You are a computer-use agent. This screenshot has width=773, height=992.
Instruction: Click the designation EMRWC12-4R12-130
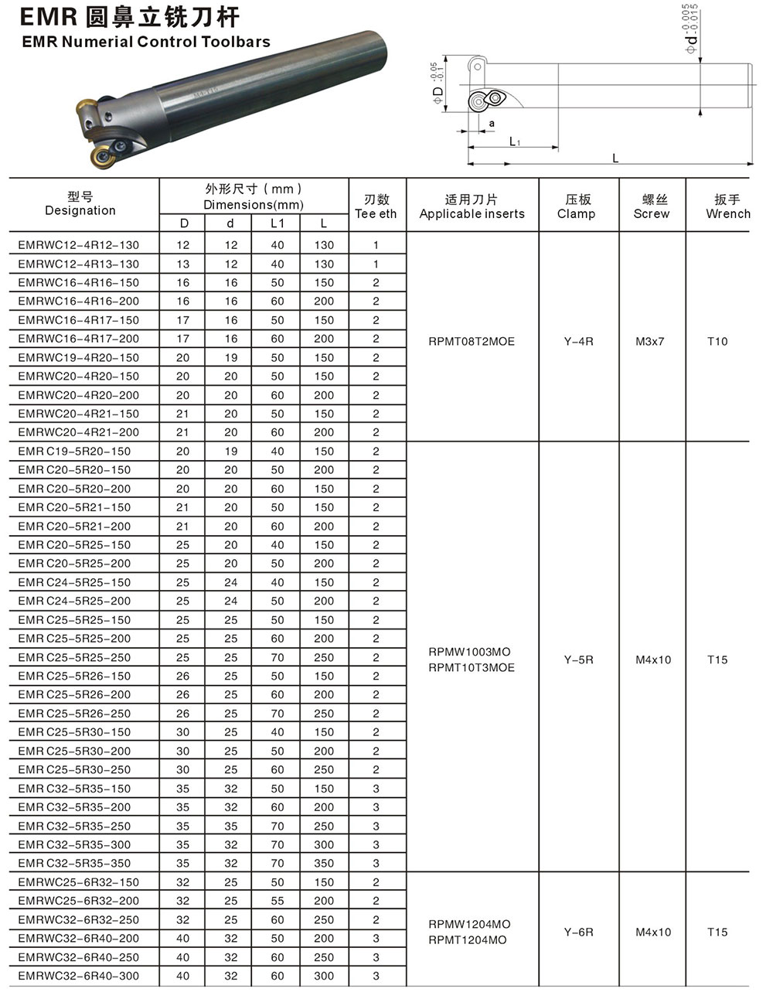[x=79, y=245]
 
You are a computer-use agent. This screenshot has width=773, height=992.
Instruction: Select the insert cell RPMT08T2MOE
[x=472, y=341]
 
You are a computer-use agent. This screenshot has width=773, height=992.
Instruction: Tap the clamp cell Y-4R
[x=578, y=341]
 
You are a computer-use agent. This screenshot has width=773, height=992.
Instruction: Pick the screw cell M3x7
[x=650, y=341]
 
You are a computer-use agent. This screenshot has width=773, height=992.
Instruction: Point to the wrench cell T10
[x=717, y=341]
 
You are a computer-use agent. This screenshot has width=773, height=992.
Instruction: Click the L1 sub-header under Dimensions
[x=278, y=223]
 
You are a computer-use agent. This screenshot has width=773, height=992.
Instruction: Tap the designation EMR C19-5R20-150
[x=75, y=452]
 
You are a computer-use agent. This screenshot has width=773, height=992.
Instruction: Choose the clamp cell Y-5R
[x=578, y=660]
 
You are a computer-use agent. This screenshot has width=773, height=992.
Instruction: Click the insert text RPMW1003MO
[x=469, y=652]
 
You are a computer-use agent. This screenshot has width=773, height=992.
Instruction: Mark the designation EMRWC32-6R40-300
[x=79, y=976]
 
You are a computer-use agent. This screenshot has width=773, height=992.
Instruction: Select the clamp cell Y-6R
[x=578, y=932]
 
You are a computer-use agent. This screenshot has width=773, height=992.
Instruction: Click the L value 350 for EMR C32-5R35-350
[x=325, y=864]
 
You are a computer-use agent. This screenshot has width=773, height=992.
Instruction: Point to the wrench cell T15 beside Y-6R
[x=717, y=932]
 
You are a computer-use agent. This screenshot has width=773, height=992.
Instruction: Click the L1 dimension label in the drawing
[x=515, y=141]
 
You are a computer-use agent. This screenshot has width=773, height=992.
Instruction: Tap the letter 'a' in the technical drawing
[x=492, y=123]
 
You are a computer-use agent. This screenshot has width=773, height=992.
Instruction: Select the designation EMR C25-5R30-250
[x=75, y=770]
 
